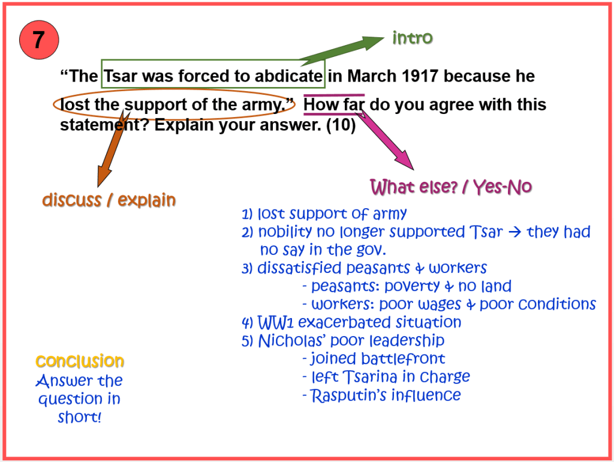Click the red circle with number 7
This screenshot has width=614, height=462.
(39, 40)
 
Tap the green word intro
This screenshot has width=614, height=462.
(413, 38)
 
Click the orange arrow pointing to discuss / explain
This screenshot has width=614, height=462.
(113, 149)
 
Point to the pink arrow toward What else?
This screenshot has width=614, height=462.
(385, 139)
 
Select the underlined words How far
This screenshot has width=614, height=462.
(334, 104)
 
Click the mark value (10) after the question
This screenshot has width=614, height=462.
(341, 125)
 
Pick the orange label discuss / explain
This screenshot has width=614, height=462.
(109, 200)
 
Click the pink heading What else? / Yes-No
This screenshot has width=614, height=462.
(451, 187)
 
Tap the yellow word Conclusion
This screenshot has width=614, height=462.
(80, 361)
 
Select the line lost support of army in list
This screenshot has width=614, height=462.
(324, 214)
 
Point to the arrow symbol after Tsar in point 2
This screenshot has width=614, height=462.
(514, 232)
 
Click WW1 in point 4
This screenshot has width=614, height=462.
(275, 322)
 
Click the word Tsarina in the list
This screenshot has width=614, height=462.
(370, 377)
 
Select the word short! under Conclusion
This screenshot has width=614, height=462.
(80, 418)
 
